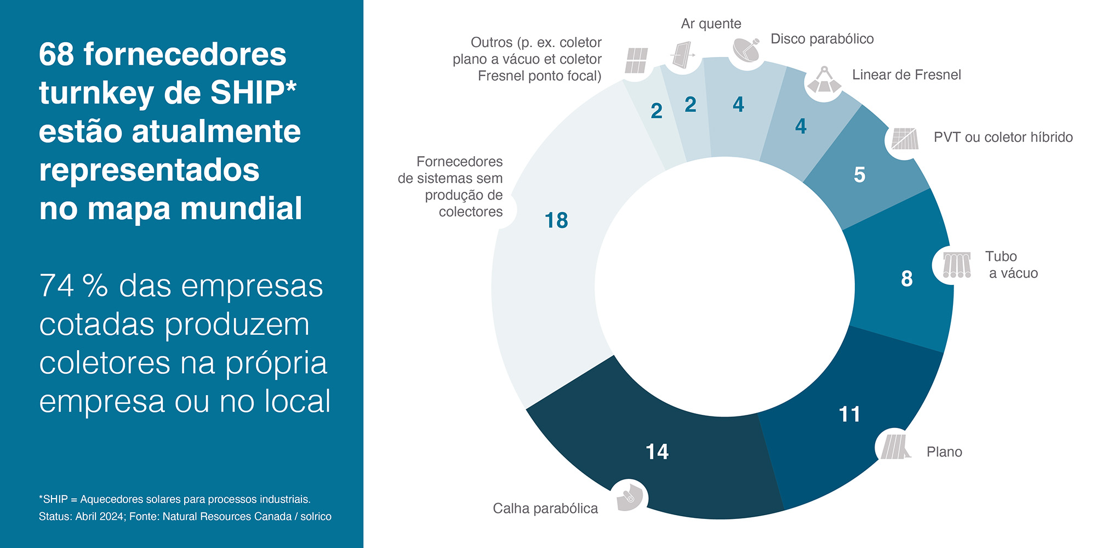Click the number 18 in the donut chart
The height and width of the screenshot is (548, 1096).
556,220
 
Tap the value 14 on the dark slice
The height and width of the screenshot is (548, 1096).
657,452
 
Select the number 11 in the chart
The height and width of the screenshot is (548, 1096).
849,414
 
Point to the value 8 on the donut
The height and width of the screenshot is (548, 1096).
907,278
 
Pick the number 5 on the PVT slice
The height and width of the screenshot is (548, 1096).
859,175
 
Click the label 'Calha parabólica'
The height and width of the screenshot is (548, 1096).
545,509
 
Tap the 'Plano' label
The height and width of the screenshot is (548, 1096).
944,452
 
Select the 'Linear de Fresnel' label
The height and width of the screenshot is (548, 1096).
906,75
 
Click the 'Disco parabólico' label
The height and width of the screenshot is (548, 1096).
822,39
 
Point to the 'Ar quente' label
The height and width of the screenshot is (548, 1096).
711,24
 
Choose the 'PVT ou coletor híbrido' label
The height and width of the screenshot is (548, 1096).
1003,137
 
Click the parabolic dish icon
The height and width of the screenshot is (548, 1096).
746,50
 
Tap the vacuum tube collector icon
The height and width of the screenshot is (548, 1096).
956,265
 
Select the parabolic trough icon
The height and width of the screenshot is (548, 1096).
629,498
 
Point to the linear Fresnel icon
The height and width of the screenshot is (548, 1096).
824,81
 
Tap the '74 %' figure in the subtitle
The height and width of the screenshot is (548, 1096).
73,286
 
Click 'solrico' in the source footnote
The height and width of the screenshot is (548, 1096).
316,516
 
